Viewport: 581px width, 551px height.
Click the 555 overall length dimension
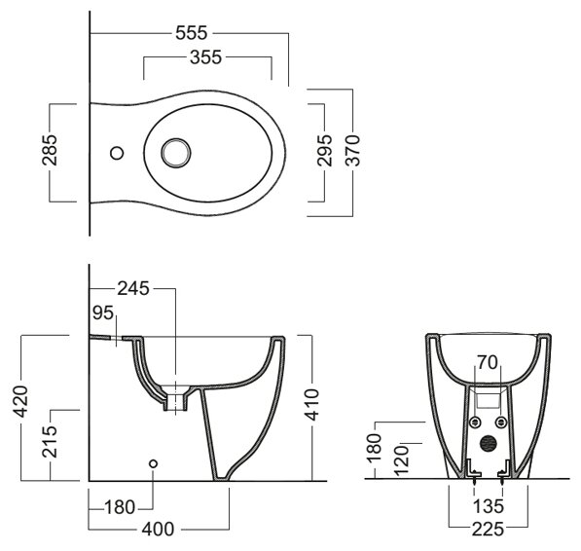[191, 33]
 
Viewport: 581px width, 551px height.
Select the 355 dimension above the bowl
[205, 57]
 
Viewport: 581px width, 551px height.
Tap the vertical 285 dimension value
[50, 150]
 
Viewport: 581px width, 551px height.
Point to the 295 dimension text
[324, 150]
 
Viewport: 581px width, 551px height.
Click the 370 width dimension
[352, 150]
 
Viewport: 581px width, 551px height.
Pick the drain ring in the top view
[176, 153]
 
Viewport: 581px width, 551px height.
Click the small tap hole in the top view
[117, 153]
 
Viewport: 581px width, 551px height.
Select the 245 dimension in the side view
[133, 289]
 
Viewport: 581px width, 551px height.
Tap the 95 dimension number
[102, 313]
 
